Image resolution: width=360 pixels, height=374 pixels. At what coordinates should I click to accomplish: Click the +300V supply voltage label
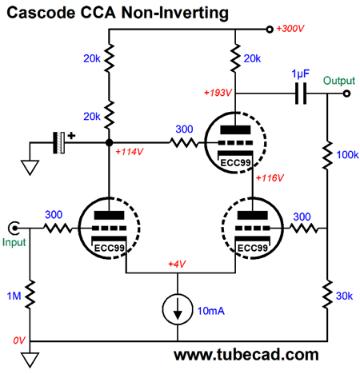point(290,29)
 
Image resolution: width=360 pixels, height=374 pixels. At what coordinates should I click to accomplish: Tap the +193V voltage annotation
point(218,93)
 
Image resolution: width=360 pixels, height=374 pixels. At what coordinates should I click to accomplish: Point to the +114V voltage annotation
point(130,152)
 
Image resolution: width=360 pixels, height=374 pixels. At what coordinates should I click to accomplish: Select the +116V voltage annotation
point(270,177)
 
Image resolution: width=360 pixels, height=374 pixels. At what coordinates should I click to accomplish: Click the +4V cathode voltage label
point(177,264)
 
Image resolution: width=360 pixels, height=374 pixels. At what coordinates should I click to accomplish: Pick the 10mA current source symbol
point(178,309)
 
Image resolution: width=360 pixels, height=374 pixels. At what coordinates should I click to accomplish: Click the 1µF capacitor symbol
point(301,93)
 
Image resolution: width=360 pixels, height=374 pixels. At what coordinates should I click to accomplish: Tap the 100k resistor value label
point(347,155)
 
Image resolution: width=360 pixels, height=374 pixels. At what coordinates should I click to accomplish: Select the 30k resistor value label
point(344,296)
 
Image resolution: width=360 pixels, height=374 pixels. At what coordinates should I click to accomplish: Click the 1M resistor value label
point(14,296)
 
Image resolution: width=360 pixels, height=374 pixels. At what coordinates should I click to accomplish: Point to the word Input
point(14,242)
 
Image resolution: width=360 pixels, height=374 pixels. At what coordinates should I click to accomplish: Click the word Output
point(339,81)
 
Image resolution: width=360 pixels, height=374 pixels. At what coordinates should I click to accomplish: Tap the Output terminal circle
point(346,93)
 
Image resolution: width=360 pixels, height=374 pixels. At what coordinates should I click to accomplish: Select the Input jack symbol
point(14,229)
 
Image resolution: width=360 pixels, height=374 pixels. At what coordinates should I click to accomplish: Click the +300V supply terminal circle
point(270,29)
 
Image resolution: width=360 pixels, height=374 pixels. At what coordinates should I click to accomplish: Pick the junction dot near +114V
point(109,142)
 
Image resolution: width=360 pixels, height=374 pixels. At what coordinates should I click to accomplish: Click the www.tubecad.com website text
point(246,355)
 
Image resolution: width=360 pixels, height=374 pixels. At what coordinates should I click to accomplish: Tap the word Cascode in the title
point(41,13)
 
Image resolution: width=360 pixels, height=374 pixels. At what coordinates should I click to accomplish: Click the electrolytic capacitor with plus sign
point(59,142)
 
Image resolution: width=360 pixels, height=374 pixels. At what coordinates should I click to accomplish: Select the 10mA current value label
point(210,311)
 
